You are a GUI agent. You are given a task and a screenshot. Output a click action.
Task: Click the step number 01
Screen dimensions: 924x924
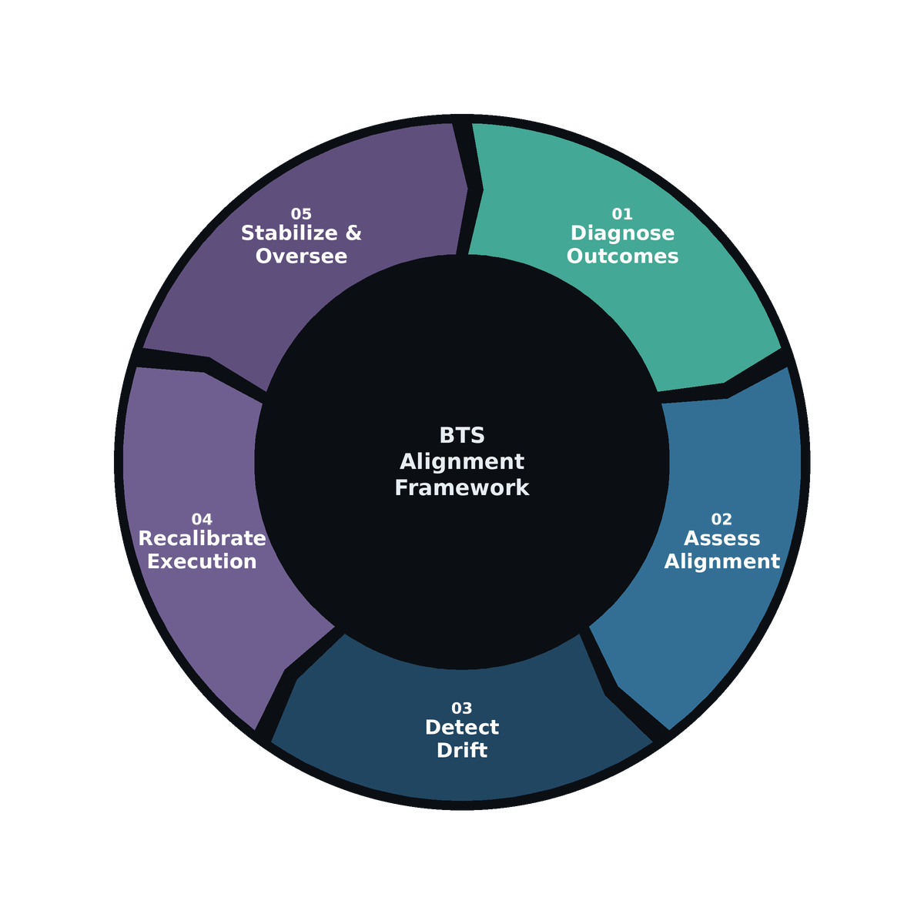(622, 214)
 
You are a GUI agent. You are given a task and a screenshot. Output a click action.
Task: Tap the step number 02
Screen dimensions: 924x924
(721, 520)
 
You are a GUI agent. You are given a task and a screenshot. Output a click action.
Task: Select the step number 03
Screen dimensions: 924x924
(462, 708)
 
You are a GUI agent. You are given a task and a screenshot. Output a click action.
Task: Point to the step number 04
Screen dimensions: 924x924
(202, 520)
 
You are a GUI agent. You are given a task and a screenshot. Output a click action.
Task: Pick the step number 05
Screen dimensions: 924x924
(301, 214)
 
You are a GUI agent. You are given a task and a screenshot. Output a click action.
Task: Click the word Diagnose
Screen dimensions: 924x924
(622, 233)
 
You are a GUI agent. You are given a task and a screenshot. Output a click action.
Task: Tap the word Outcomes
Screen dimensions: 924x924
(622, 256)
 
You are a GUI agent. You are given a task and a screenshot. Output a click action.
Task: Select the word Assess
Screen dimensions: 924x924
(721, 539)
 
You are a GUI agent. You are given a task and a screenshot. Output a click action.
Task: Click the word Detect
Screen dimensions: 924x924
(462, 728)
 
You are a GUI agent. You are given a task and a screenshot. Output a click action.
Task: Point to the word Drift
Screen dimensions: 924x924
(462, 751)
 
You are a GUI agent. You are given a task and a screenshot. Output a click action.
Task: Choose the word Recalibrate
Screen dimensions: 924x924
(202, 539)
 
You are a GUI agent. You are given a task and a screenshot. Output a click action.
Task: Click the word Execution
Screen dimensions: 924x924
(202, 562)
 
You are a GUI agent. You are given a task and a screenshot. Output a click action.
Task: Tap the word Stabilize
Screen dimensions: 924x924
(289, 233)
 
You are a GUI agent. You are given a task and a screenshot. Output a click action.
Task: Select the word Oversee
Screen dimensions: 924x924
(301, 256)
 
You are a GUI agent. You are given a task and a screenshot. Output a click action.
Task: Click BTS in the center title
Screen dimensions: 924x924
(462, 436)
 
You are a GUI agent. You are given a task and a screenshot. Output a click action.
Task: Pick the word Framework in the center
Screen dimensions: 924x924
(462, 488)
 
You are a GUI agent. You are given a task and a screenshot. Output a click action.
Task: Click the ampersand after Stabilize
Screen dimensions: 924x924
(353, 233)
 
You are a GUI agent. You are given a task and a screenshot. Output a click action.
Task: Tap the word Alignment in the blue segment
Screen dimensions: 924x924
(721, 562)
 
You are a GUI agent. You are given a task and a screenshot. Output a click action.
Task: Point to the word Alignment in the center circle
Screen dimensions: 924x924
(462, 462)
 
